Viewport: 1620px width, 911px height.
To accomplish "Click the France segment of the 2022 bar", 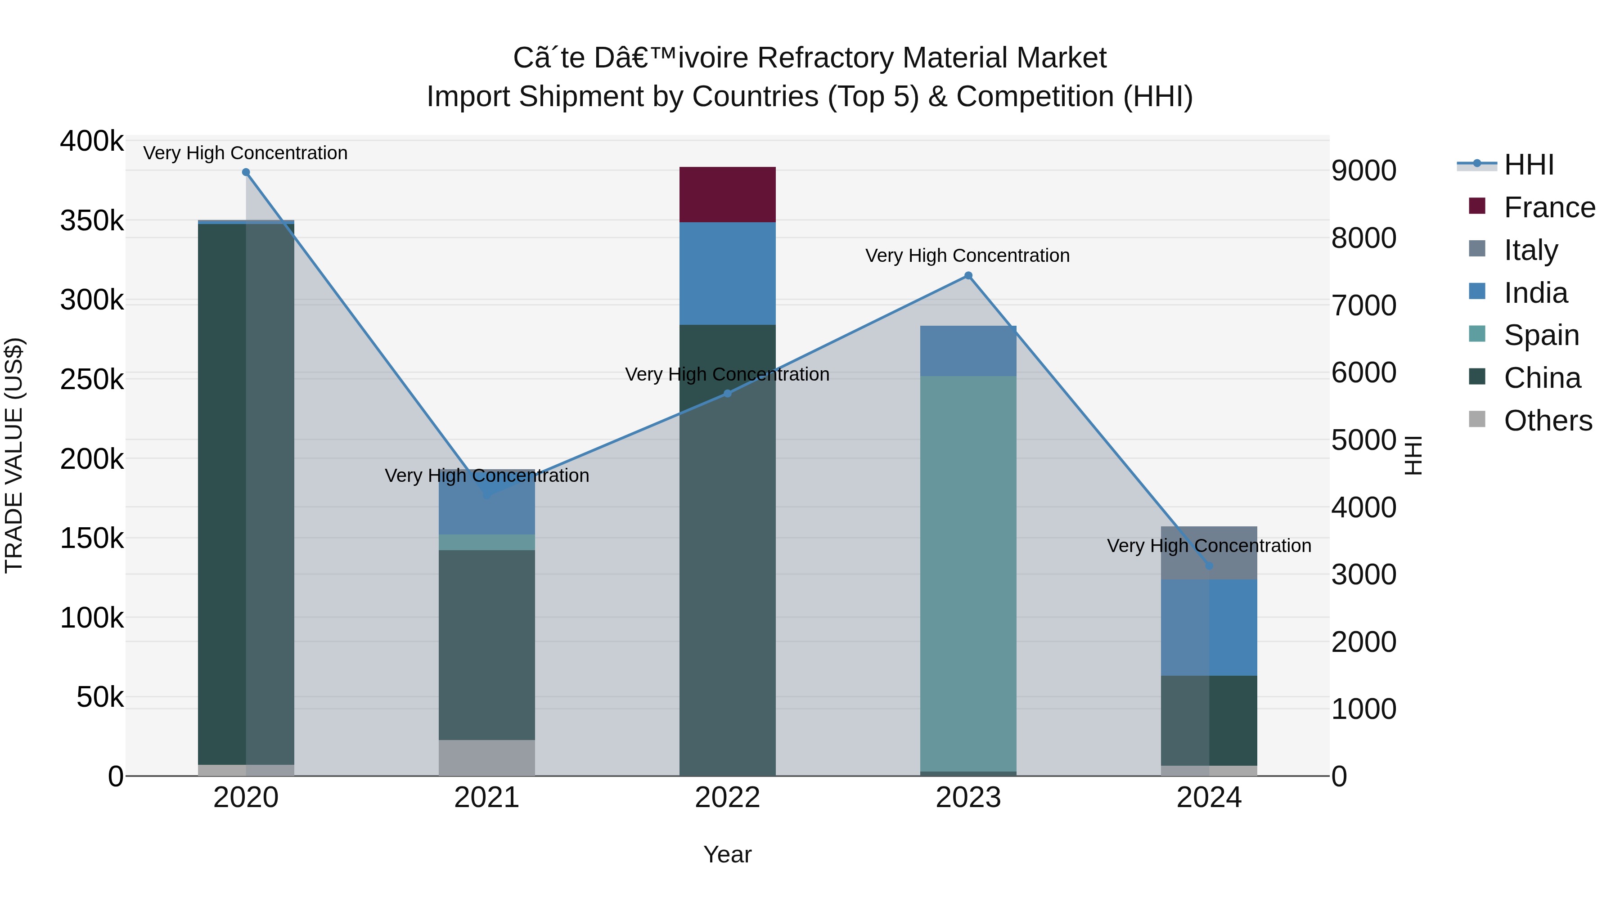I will pyautogui.click(x=727, y=194).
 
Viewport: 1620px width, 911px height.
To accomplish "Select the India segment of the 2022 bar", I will pyautogui.click(x=727, y=274).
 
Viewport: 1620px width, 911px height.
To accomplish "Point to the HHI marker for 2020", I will pyautogui.click(x=246, y=172).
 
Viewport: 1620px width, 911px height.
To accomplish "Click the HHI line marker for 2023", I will pyautogui.click(x=968, y=275).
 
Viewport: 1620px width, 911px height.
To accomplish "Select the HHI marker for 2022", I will pyautogui.click(x=727, y=394).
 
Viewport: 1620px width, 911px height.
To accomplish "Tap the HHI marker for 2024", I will pyautogui.click(x=1208, y=566).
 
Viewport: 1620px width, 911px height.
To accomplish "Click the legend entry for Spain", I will pyautogui.click(x=1541, y=335).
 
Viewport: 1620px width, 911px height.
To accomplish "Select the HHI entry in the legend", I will pyautogui.click(x=1528, y=165).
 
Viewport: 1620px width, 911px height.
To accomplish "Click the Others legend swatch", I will pyautogui.click(x=1476, y=419).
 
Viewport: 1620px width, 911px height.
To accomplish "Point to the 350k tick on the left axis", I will pyautogui.click(x=92, y=221).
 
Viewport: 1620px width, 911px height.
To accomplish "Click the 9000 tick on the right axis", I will pyautogui.click(x=1363, y=171).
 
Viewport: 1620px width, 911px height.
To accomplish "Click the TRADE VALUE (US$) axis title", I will pyautogui.click(x=14, y=455).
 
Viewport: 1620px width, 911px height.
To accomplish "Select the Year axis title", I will pyautogui.click(x=727, y=854).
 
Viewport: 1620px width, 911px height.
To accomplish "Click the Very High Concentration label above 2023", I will pyautogui.click(x=967, y=256).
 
